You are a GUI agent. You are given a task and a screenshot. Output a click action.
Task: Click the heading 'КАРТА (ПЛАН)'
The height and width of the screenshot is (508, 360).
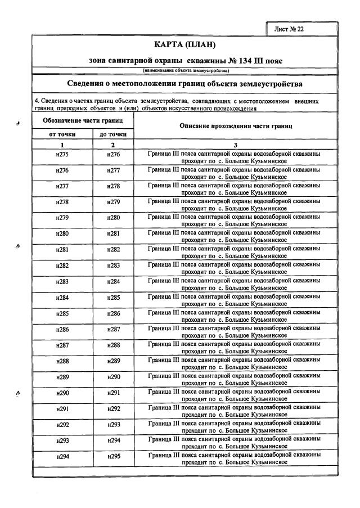tap(184, 44)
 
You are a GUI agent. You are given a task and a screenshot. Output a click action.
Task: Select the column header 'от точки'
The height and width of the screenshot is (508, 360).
tap(62, 134)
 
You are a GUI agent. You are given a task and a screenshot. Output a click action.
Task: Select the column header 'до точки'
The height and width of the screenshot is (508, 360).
tap(112, 134)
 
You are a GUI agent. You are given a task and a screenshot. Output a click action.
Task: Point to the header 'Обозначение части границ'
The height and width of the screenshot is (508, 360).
tap(83, 121)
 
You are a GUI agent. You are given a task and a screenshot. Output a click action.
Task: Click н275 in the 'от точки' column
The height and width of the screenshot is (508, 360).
tap(62, 154)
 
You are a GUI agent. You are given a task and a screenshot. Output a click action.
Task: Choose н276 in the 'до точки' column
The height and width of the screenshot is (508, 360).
tap(114, 154)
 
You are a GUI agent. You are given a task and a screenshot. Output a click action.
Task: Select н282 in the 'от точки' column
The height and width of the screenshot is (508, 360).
tap(62, 265)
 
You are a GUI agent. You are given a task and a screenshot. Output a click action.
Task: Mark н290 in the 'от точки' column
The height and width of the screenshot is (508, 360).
tap(62, 394)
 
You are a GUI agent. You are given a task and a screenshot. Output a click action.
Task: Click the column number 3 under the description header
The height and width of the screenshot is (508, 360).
tap(235, 145)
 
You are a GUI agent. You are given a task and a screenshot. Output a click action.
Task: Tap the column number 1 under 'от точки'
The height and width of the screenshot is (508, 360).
tap(62, 145)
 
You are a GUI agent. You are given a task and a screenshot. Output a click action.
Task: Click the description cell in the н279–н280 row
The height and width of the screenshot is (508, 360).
tap(235, 221)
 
